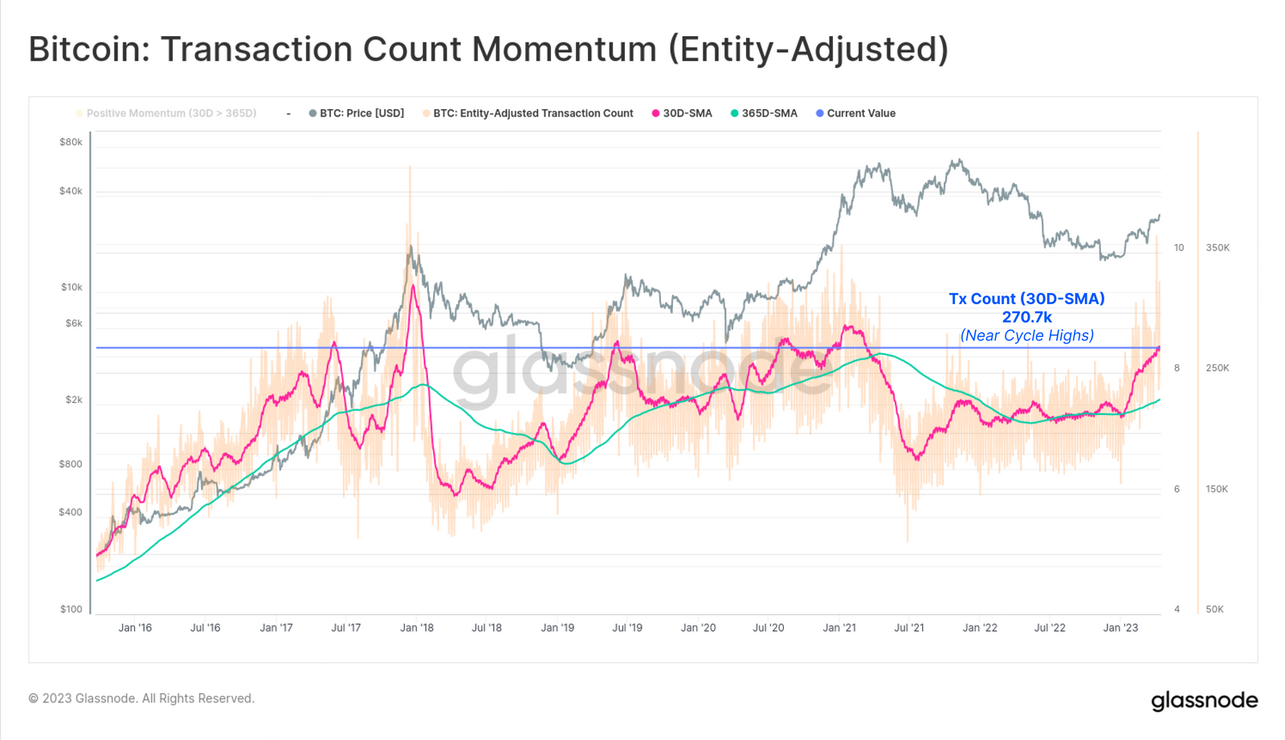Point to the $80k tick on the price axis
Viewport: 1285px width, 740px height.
click(71, 142)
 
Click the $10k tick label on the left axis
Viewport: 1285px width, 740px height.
click(71, 287)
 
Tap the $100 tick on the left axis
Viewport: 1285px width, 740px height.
click(71, 609)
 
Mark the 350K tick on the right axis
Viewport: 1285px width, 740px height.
click(1218, 248)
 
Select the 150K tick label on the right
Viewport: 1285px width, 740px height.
click(1217, 489)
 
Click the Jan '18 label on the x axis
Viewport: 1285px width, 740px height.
click(417, 628)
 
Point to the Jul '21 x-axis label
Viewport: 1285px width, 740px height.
click(909, 628)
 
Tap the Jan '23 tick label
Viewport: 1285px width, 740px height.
click(1120, 628)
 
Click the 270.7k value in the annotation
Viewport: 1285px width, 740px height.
click(1026, 317)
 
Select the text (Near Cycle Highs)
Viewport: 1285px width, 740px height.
click(1026, 335)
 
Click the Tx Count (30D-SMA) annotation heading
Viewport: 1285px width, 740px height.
click(1026, 299)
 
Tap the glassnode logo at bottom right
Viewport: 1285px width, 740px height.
click(1204, 701)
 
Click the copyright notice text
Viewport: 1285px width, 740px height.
click(141, 698)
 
